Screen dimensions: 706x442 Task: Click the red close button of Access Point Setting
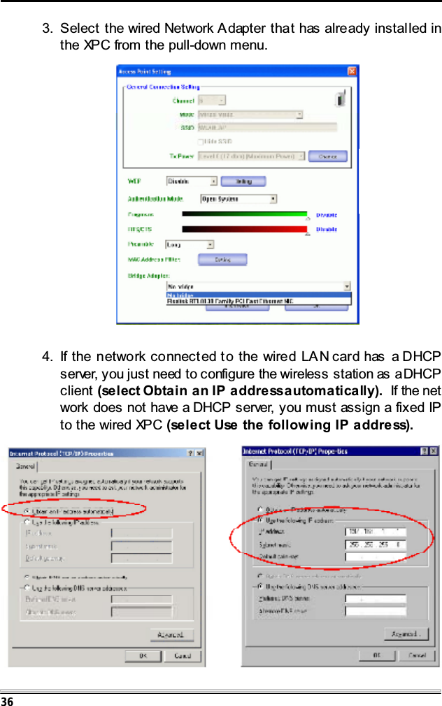click(x=353, y=71)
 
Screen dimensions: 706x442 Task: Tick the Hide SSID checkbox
click(x=201, y=142)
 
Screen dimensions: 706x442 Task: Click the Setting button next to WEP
click(x=243, y=182)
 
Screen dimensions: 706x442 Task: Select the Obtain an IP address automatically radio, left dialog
click(x=27, y=510)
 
